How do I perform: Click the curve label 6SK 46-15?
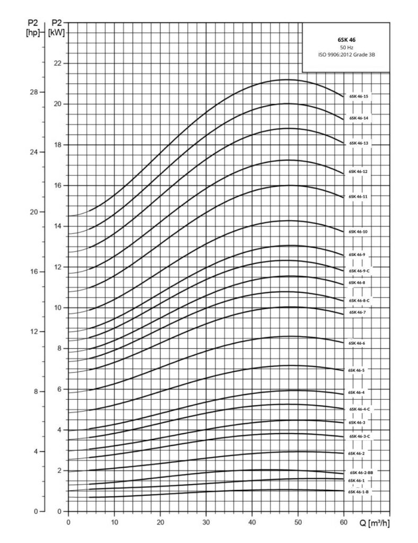coord(359,97)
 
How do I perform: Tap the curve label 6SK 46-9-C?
coord(359,271)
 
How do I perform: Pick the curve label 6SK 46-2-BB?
coord(361,472)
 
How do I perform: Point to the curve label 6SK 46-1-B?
coord(359,492)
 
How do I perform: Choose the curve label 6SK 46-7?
coord(358,312)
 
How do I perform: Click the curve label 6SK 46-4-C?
coord(359,409)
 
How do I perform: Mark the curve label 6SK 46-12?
coord(358,172)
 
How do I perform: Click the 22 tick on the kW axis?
coord(57,64)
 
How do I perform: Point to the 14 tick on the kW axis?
coord(57,226)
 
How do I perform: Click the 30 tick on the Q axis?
coord(206,522)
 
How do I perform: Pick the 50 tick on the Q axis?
coord(298,522)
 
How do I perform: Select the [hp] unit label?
coord(33,33)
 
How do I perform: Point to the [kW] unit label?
coord(57,33)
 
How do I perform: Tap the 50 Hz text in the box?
coord(346,47)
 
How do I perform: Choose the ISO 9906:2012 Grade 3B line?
coord(346,55)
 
